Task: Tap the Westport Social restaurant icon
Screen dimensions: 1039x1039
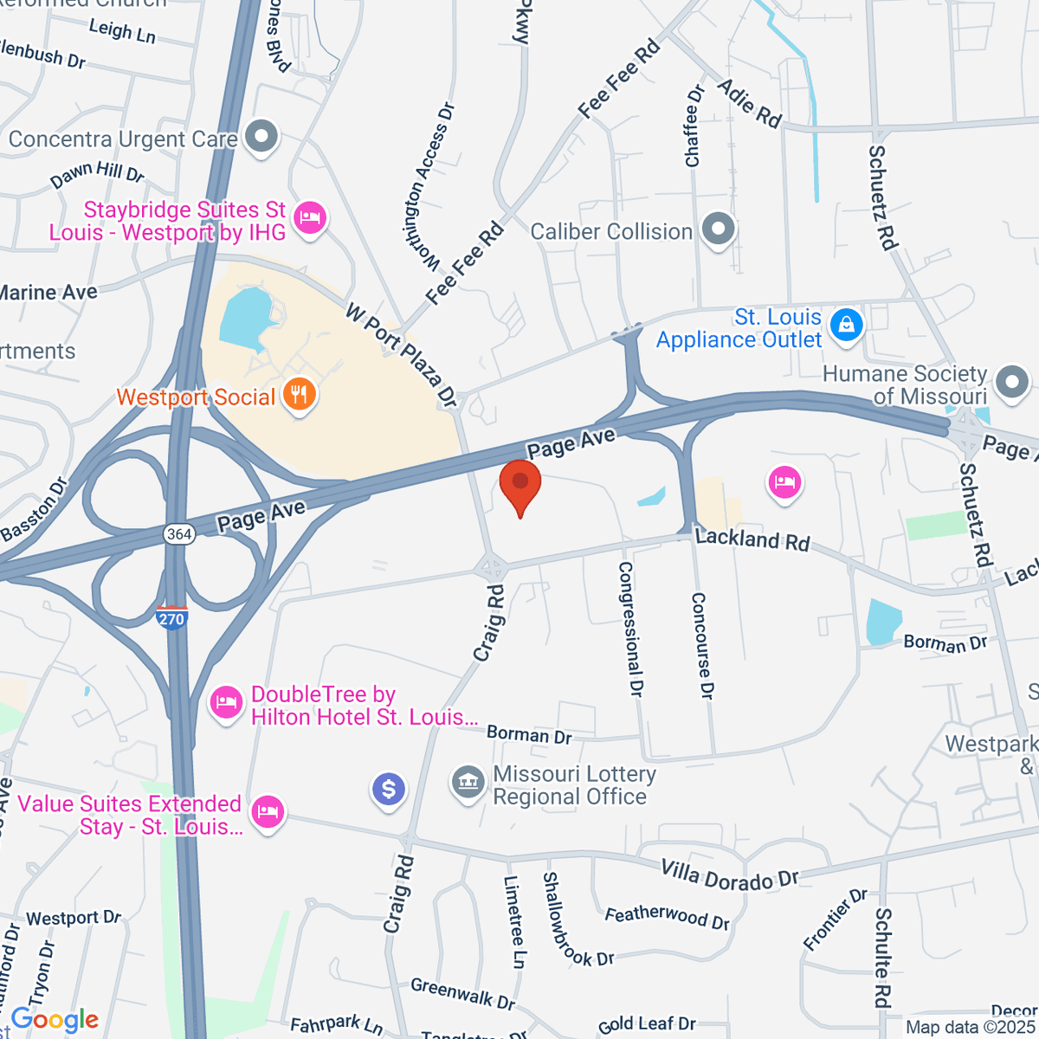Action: [300, 395]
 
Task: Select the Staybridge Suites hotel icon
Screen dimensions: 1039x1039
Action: [309, 216]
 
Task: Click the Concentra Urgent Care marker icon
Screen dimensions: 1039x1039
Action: [261, 136]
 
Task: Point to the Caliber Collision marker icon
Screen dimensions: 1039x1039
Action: [718, 229]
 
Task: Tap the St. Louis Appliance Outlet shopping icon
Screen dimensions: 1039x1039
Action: [845, 325]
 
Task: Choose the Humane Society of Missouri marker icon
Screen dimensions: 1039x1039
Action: [1011, 382]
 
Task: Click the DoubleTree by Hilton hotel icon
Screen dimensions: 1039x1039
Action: [226, 700]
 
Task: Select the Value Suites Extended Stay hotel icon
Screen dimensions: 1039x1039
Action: [268, 811]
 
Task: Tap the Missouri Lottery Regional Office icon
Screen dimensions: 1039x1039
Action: [468, 782]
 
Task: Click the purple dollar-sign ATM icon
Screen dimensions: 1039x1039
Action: [389, 789]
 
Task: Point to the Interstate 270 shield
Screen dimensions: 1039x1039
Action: [172, 617]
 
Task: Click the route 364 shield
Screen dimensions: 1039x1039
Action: [179, 534]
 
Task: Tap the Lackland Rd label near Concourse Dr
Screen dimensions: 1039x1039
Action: [752, 540]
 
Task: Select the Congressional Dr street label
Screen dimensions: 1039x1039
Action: [630, 629]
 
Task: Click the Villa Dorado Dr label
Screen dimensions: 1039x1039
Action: [729, 876]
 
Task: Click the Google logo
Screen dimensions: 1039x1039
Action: [55, 1020]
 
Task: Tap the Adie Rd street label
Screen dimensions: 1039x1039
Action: [750, 103]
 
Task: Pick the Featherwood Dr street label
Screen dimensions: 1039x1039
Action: [667, 916]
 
